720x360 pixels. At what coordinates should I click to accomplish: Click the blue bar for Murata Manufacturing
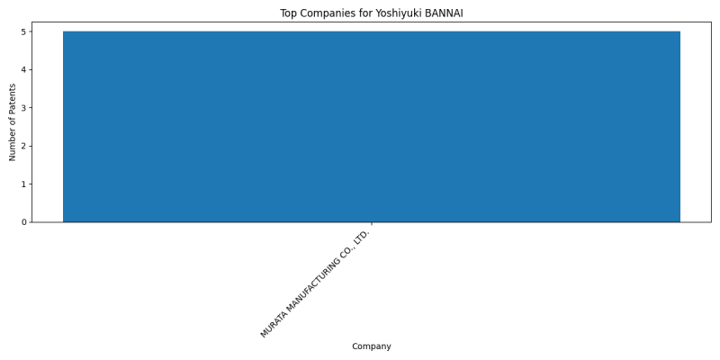372,127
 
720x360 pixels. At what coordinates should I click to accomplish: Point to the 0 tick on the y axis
24,222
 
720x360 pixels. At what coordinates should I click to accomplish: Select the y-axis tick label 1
24,184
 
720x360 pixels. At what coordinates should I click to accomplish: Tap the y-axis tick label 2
24,146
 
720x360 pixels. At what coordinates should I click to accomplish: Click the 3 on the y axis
24,108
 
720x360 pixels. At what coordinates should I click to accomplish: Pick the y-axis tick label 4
24,70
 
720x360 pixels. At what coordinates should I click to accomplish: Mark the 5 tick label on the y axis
24,31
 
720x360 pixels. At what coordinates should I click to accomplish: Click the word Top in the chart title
288,13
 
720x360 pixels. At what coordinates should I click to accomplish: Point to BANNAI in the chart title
444,13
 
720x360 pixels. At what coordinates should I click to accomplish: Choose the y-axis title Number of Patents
13,122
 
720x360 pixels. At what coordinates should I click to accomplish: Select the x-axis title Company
372,346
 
